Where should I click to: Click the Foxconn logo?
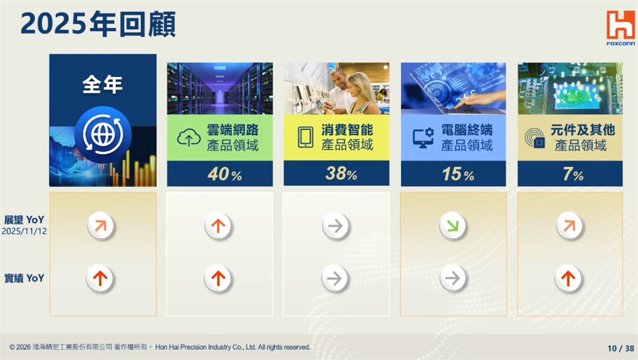click(620, 27)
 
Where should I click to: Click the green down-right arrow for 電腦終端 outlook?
click(453, 226)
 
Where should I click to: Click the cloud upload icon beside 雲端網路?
click(189, 138)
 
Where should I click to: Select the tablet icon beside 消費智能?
click(306, 138)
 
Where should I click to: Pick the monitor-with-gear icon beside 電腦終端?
click(423, 138)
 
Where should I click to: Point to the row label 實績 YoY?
click(24, 278)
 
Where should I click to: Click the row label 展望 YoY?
click(24, 219)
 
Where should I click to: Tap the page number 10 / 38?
click(621, 348)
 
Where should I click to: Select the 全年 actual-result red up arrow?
click(100, 278)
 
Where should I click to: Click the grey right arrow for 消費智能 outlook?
click(336, 226)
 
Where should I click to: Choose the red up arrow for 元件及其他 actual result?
click(568, 278)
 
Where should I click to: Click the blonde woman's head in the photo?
click(359, 85)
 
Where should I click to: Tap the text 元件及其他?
click(583, 130)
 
